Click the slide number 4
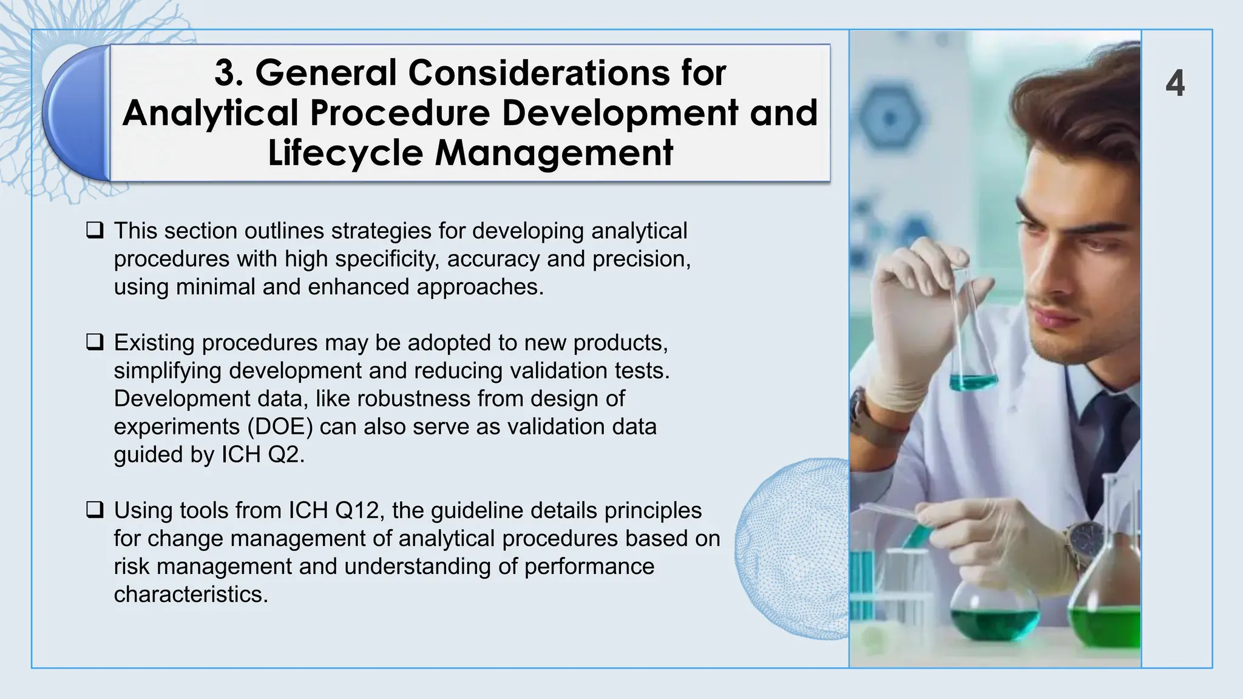tap(1175, 84)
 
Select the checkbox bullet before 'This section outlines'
tap(95, 231)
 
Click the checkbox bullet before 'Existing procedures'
tap(95, 342)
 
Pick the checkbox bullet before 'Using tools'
tap(95, 510)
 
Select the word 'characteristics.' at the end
tap(191, 594)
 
